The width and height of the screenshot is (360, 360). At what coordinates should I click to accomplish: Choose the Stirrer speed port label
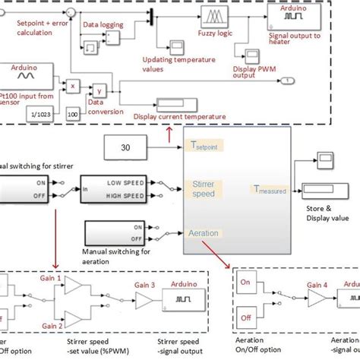point(206,188)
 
